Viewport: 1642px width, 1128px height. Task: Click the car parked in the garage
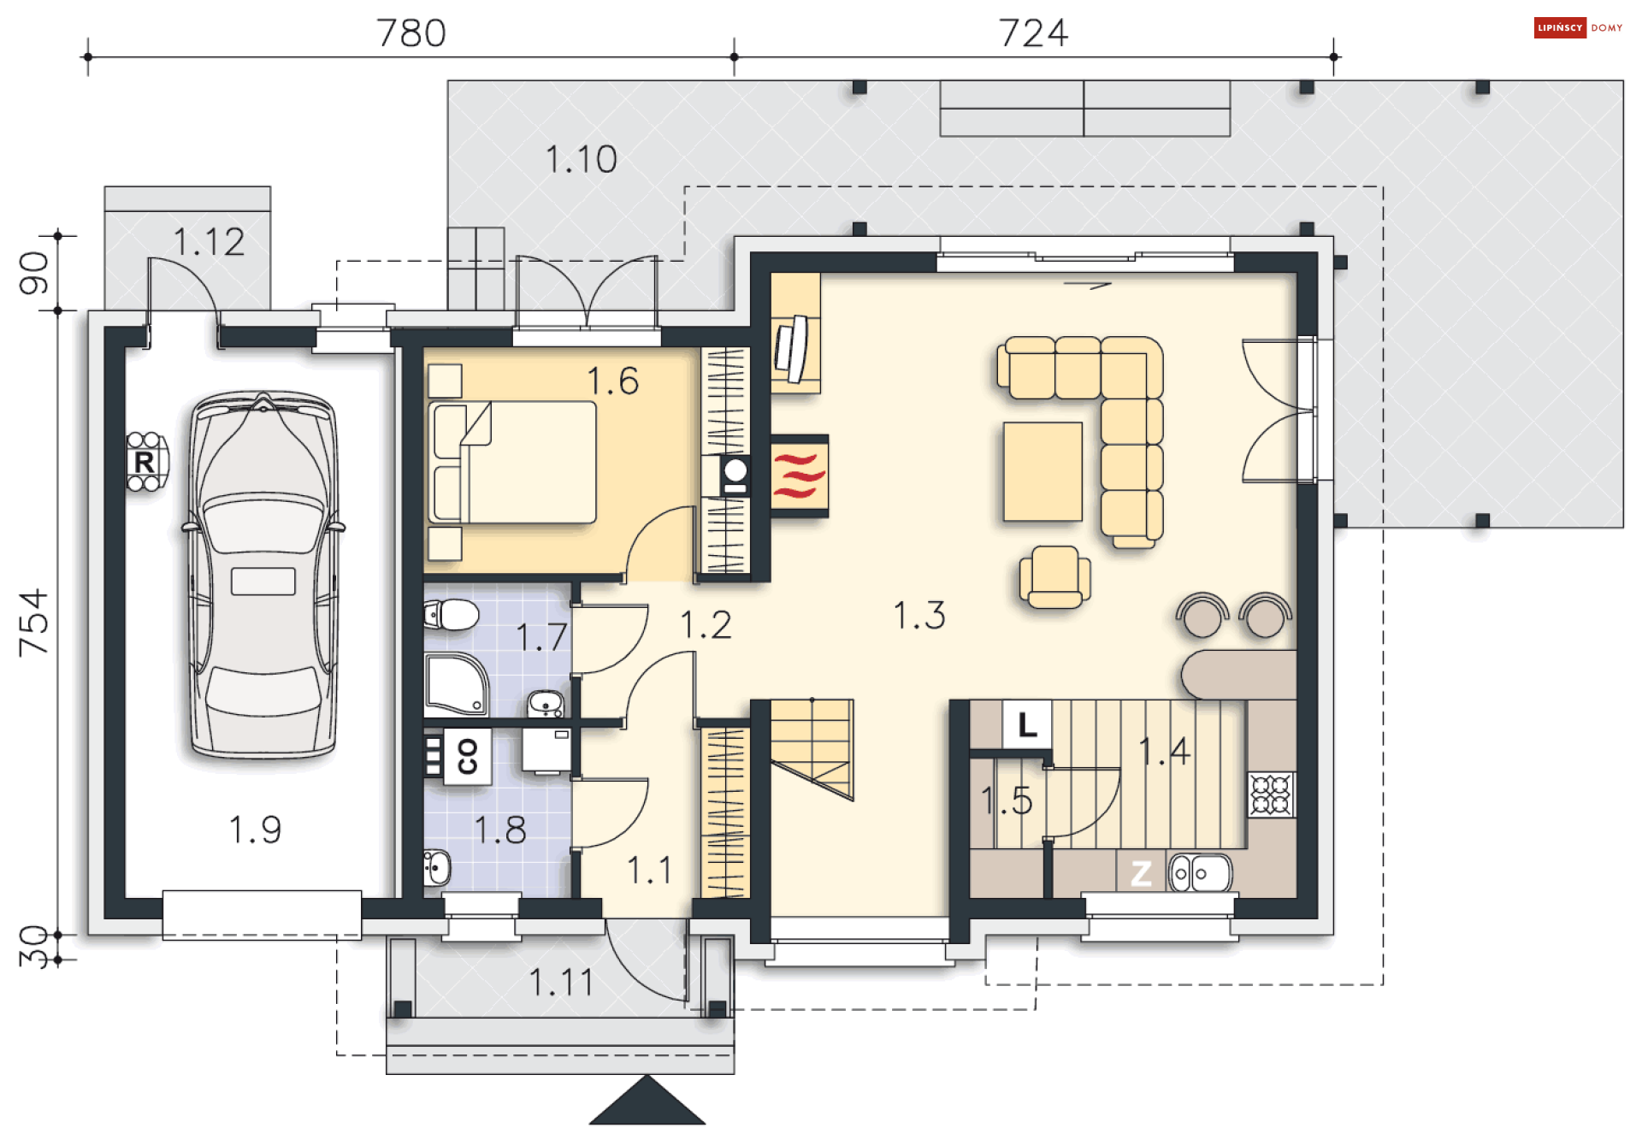(x=263, y=575)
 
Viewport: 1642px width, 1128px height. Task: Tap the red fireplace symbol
(x=800, y=475)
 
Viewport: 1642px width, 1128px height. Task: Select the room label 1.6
(x=612, y=381)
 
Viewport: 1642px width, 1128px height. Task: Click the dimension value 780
(x=411, y=33)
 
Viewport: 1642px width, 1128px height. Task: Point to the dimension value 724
(x=1033, y=33)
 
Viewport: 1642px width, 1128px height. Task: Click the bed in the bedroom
(x=513, y=462)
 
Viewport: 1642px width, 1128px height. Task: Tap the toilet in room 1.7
(x=451, y=613)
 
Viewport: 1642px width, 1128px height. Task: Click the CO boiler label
(x=467, y=757)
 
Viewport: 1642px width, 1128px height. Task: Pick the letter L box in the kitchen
(x=1027, y=725)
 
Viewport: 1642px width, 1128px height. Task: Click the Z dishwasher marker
(x=1141, y=873)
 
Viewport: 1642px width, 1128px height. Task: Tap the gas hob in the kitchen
(x=1271, y=794)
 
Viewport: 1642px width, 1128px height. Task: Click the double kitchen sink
(x=1200, y=873)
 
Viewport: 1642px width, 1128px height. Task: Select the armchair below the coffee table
(x=1054, y=577)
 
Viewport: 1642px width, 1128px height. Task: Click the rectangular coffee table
(x=1042, y=471)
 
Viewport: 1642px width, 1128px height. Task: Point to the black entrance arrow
(x=647, y=1101)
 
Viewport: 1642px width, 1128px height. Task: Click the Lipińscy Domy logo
(x=1578, y=28)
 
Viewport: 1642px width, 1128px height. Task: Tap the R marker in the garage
(x=145, y=463)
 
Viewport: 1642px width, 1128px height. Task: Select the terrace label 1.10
(x=582, y=159)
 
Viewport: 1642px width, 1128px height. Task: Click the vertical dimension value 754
(x=34, y=623)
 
